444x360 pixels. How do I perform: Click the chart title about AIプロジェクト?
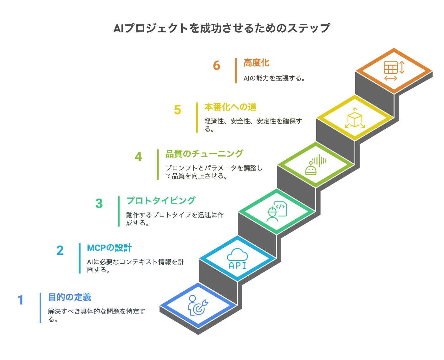(x=222, y=28)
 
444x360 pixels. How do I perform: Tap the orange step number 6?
(x=217, y=66)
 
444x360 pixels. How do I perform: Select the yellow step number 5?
(x=178, y=110)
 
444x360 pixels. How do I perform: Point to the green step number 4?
(x=138, y=157)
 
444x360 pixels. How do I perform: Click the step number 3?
(x=99, y=204)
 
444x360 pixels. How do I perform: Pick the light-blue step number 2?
(x=60, y=251)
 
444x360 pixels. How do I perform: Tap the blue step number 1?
(x=21, y=300)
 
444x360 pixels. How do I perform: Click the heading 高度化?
(x=257, y=63)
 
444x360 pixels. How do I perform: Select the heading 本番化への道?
(x=230, y=107)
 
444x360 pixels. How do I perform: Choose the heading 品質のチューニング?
(x=204, y=154)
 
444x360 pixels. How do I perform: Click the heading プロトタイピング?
(x=161, y=201)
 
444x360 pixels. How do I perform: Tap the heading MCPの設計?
(x=109, y=248)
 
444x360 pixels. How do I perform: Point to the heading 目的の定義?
(x=70, y=297)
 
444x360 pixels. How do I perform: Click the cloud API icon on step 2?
(x=237, y=259)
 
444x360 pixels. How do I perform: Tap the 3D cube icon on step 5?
(x=355, y=118)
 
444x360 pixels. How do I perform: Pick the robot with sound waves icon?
(x=315, y=165)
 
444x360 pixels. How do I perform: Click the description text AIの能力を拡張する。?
(x=274, y=78)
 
